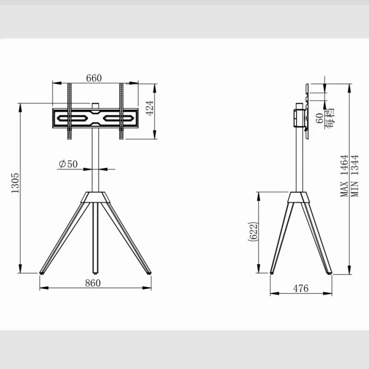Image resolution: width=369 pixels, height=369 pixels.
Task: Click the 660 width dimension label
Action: pos(94,78)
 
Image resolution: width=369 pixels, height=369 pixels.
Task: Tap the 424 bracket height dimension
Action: pos(150,108)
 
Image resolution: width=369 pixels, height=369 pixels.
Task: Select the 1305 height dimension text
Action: pos(15,183)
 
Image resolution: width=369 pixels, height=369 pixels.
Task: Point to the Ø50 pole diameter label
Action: pos(68,164)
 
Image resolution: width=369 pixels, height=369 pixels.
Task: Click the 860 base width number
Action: pos(93,283)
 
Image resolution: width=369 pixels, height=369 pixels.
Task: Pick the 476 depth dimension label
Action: pos(301,288)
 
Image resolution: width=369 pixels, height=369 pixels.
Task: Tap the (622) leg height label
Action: pos(253,231)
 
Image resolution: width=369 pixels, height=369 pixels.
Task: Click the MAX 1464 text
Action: pos(344,176)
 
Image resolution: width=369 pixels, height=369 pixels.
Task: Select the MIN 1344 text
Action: pos(355,176)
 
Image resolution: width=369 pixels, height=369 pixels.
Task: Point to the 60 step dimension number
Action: pos(319,118)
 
